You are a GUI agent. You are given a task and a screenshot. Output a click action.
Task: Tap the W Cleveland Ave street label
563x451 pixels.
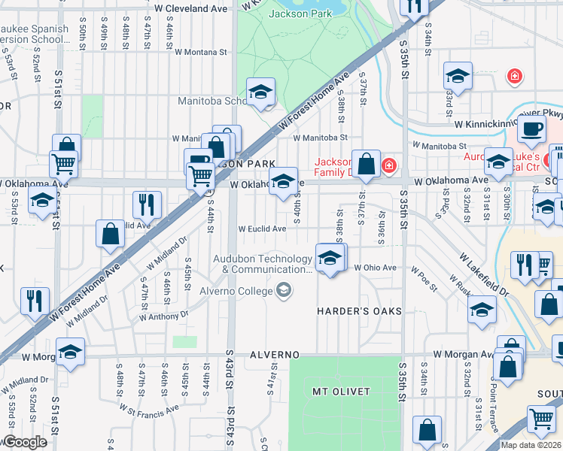tap(190, 8)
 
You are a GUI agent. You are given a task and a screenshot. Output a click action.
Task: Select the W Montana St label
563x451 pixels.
tap(200, 52)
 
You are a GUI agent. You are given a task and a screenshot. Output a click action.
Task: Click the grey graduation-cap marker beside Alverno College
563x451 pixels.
tap(284, 290)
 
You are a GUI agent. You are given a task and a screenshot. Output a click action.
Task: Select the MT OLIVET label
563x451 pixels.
tap(342, 392)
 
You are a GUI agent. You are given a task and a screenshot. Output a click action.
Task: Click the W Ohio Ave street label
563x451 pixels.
tap(374, 268)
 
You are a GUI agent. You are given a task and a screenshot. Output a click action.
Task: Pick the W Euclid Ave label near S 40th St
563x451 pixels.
tap(262, 229)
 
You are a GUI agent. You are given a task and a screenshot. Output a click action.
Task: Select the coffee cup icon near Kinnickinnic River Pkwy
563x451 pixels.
tap(532, 129)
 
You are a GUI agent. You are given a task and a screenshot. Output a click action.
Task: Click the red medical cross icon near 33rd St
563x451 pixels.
tap(515, 76)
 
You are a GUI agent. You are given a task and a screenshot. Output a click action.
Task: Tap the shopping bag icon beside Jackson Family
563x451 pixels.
tap(366, 164)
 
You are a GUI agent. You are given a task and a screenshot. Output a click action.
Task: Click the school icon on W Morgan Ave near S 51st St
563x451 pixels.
tap(70, 352)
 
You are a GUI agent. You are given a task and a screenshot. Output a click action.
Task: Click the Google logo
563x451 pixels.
tap(24, 443)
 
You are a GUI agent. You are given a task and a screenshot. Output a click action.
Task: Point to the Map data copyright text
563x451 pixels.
tap(531, 445)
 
